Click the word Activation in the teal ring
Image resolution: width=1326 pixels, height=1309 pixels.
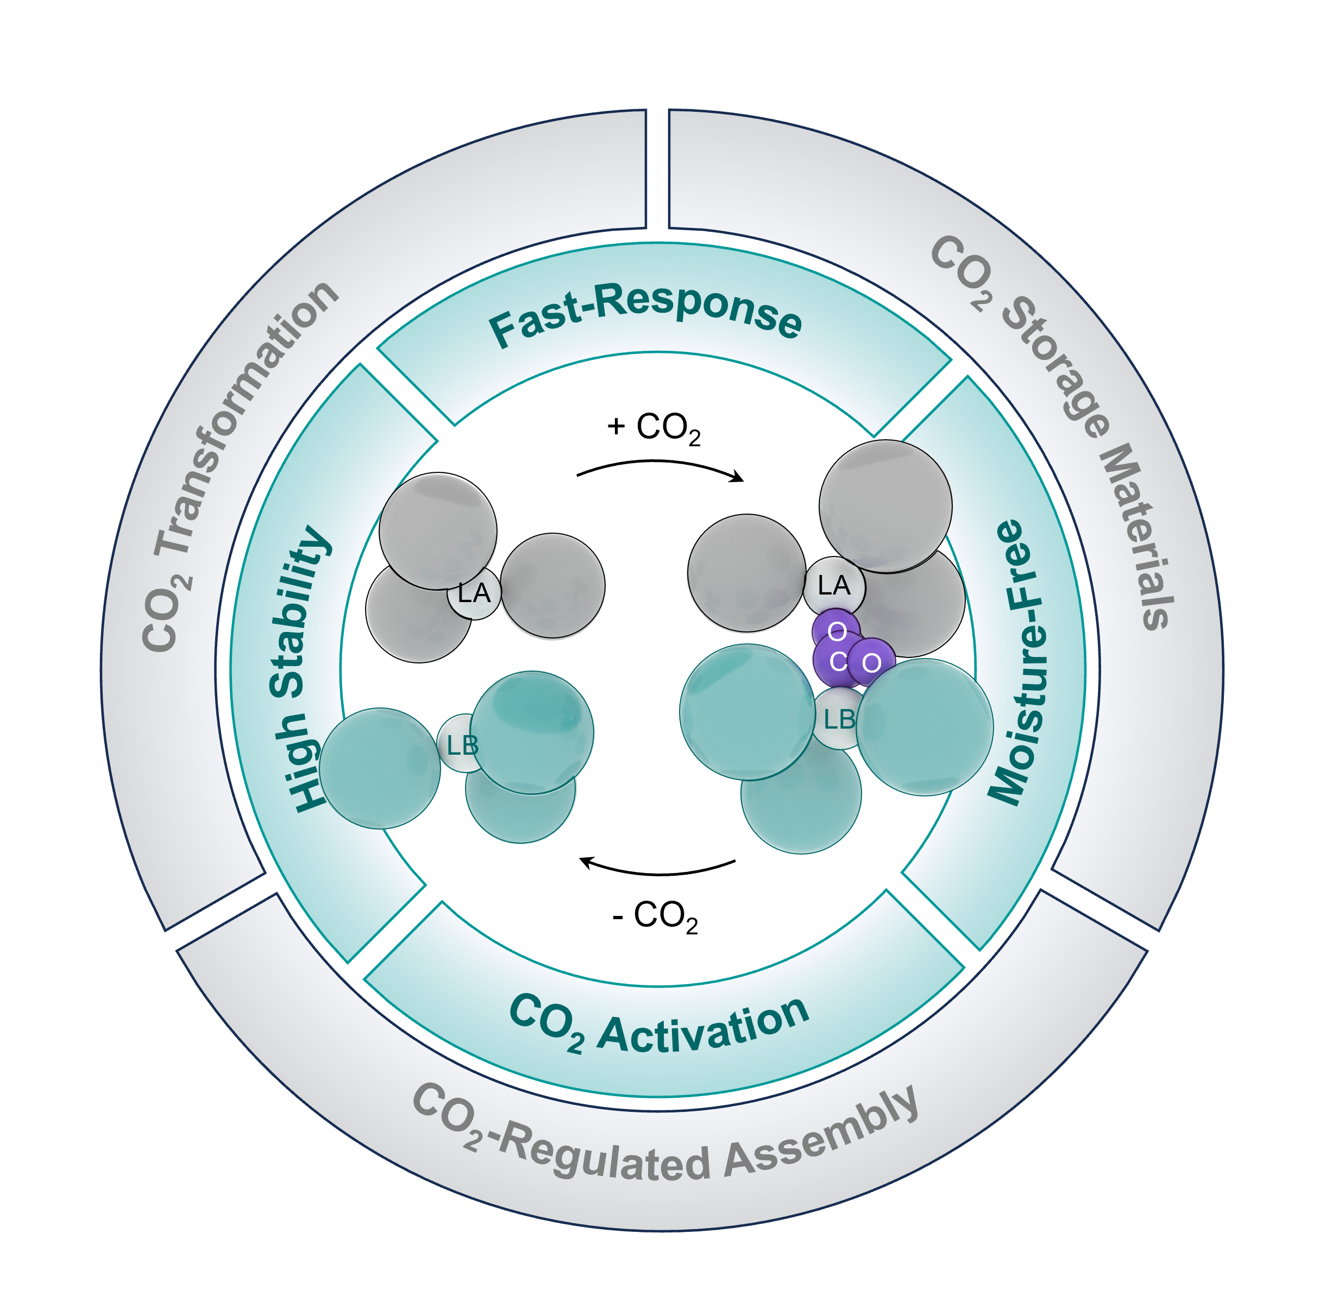click(703, 1023)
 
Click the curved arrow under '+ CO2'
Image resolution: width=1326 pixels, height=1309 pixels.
click(659, 461)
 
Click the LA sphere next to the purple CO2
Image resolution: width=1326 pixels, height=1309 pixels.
click(834, 586)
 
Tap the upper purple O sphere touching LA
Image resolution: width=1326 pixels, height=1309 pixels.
click(836, 630)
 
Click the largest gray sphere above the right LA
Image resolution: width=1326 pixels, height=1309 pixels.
click(885, 507)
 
